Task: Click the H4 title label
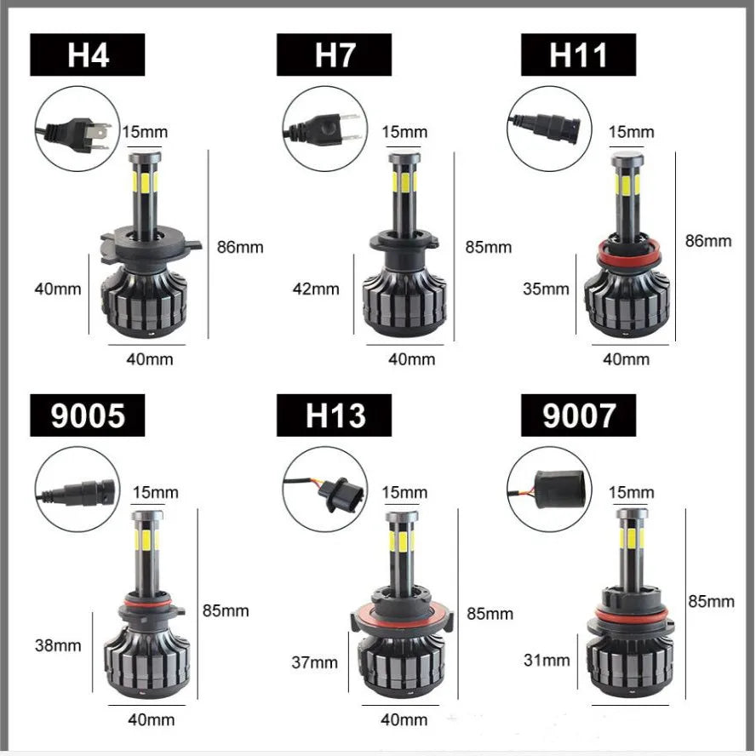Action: pos(88,54)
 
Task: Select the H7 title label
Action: pos(334,54)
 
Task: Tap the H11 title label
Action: pos(578,54)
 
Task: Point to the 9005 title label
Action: pos(88,415)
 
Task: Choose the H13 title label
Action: pos(334,415)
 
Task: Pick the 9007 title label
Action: pos(578,415)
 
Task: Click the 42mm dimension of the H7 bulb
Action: pos(316,289)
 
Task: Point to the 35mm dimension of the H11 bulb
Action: pos(546,289)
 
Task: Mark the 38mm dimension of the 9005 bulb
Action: pos(58,645)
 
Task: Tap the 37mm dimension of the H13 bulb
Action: pos(314,662)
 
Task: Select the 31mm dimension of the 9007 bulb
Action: pos(547,660)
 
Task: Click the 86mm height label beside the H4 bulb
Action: pos(240,248)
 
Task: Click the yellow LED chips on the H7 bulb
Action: pos(404,182)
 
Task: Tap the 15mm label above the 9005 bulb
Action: pos(156,492)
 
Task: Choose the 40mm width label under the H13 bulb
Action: pos(404,720)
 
